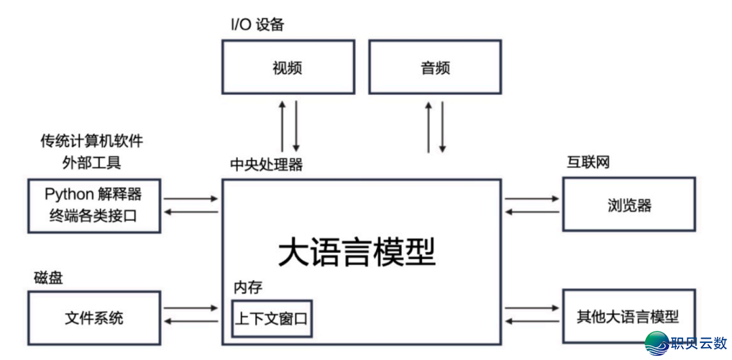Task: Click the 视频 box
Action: point(288,66)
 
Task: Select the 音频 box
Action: point(434,66)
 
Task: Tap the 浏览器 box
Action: point(629,204)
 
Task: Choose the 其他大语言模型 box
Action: point(628,316)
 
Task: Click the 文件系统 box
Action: point(94,317)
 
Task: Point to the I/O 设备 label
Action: point(257,25)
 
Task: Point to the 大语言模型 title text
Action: point(357,252)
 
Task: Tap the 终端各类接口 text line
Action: point(94,216)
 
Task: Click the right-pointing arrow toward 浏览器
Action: point(531,199)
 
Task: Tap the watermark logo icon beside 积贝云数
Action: point(656,344)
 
